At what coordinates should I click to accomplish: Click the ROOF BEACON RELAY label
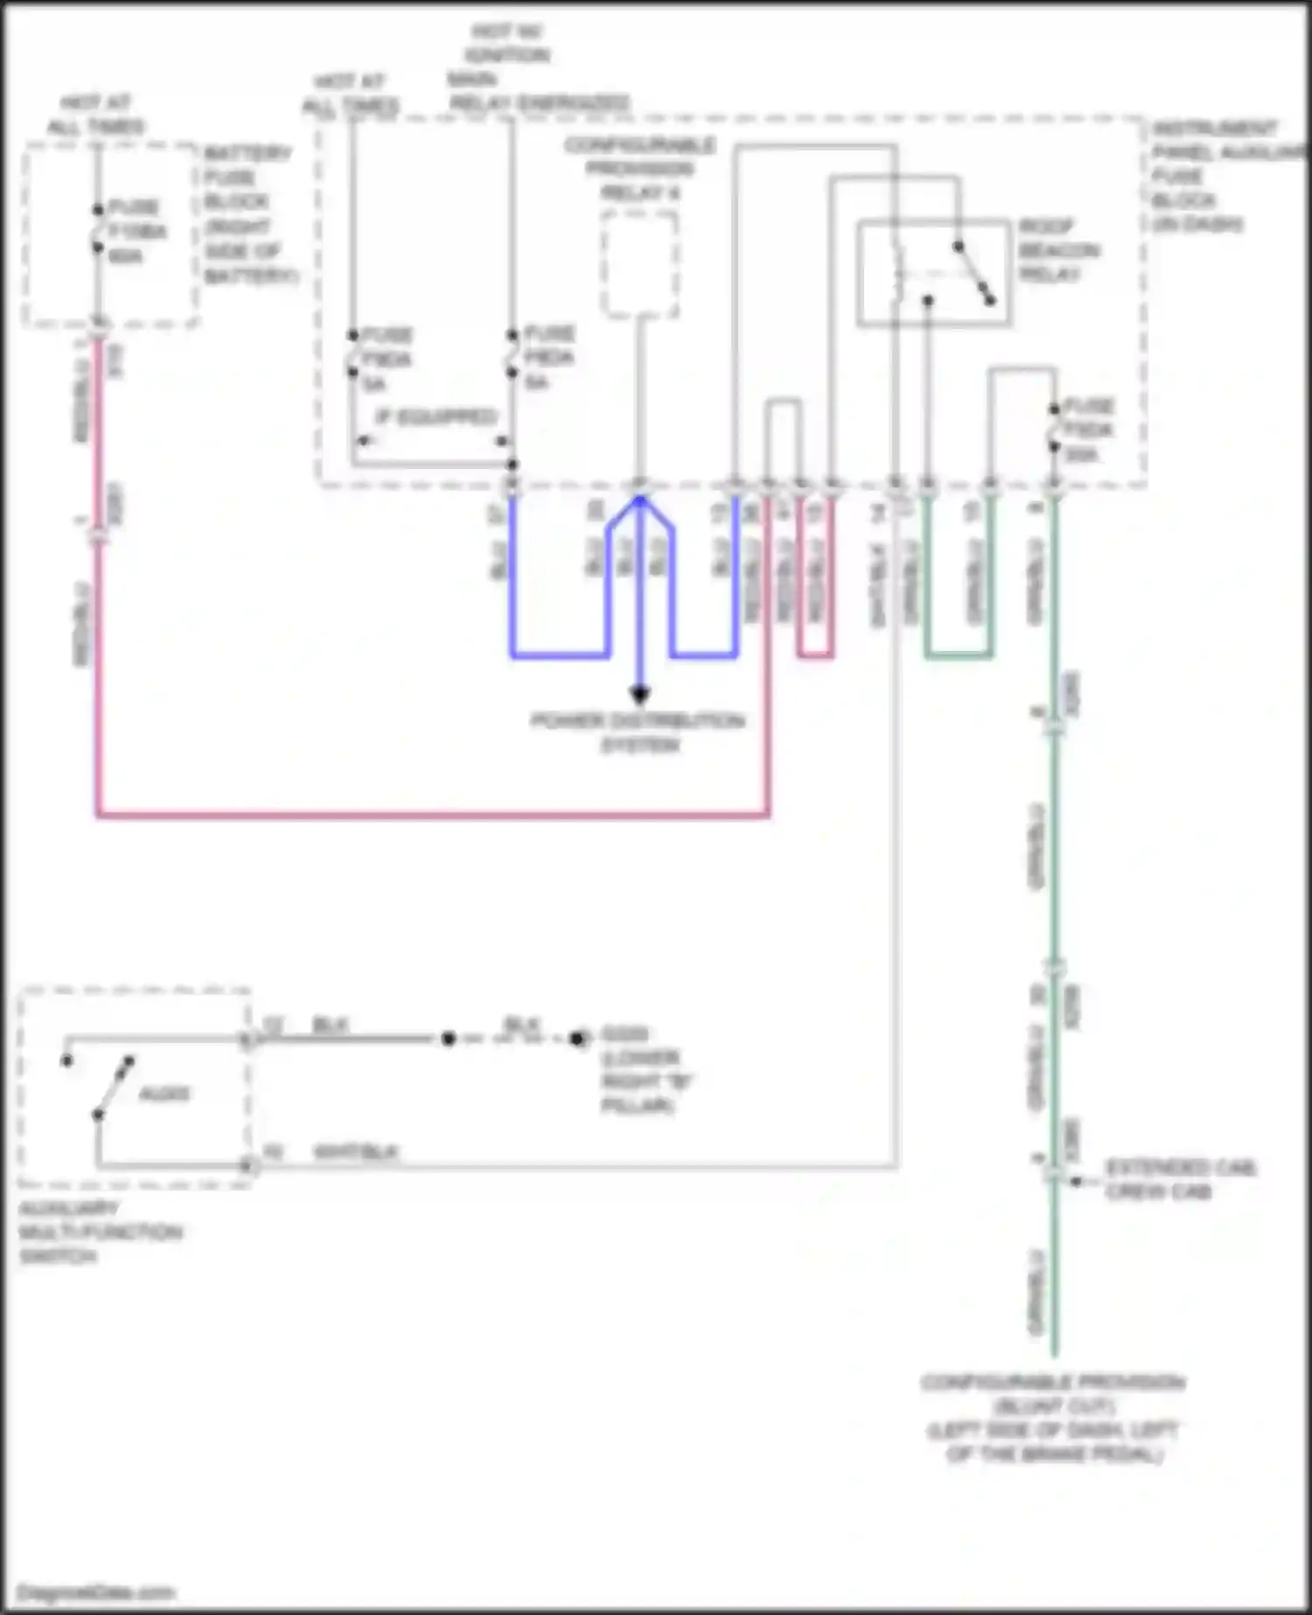pyautogui.click(x=1058, y=250)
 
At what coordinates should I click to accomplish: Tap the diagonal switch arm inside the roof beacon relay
pyautogui.click(x=974, y=273)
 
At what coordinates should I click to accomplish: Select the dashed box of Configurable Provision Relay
pyautogui.click(x=639, y=264)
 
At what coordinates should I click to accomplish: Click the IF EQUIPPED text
pyautogui.click(x=436, y=416)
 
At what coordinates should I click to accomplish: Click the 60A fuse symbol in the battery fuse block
pyautogui.click(x=98, y=229)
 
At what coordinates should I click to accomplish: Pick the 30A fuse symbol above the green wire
pyautogui.click(x=1055, y=429)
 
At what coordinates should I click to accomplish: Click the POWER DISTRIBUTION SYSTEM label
pyautogui.click(x=639, y=733)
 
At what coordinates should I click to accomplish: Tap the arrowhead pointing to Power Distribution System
pyautogui.click(x=639, y=696)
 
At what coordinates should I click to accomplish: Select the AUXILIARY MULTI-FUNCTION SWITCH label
pyautogui.click(x=98, y=1232)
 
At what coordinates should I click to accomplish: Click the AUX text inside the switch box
pyautogui.click(x=164, y=1094)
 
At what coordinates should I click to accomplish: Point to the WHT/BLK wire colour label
pyautogui.click(x=356, y=1151)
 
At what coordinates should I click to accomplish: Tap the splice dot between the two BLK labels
pyautogui.click(x=449, y=1038)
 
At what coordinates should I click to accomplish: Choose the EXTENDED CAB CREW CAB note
pyautogui.click(x=1179, y=1179)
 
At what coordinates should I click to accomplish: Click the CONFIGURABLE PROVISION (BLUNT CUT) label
pyautogui.click(x=1053, y=1417)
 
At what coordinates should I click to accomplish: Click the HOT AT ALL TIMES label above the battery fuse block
pyautogui.click(x=95, y=115)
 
